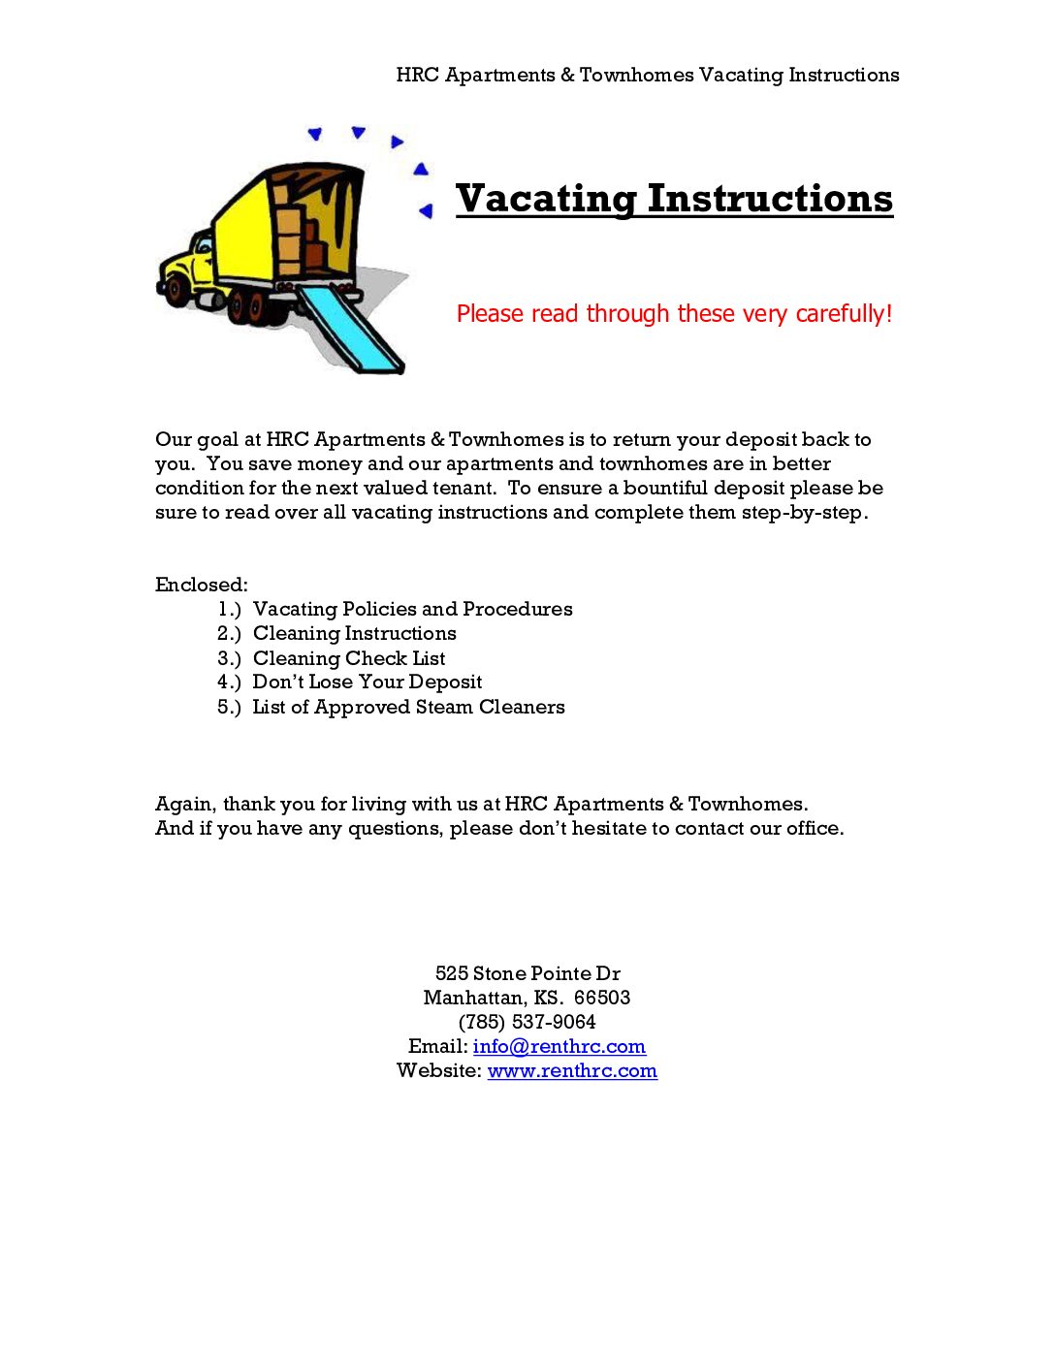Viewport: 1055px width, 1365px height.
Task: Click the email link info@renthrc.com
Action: [559, 1047]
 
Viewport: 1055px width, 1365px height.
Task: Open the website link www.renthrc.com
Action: [572, 1071]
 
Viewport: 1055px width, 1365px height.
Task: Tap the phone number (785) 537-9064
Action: [527, 1022]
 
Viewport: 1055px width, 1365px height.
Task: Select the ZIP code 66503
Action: [602, 998]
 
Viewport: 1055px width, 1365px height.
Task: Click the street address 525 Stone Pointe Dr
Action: [527, 973]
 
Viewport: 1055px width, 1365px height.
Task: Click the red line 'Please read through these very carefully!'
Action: [674, 314]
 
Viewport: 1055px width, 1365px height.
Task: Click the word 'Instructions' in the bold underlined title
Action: [770, 199]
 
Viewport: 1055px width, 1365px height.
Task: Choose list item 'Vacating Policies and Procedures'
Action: [412, 609]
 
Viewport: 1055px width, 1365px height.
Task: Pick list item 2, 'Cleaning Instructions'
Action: [354, 633]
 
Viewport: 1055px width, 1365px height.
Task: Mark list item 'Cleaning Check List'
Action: [349, 658]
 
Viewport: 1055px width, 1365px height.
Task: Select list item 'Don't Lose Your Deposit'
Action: [367, 682]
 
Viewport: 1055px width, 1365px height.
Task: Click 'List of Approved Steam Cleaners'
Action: [408, 707]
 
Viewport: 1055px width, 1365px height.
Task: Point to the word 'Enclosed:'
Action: [202, 585]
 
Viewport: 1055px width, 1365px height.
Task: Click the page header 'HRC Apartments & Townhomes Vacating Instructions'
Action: [648, 75]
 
